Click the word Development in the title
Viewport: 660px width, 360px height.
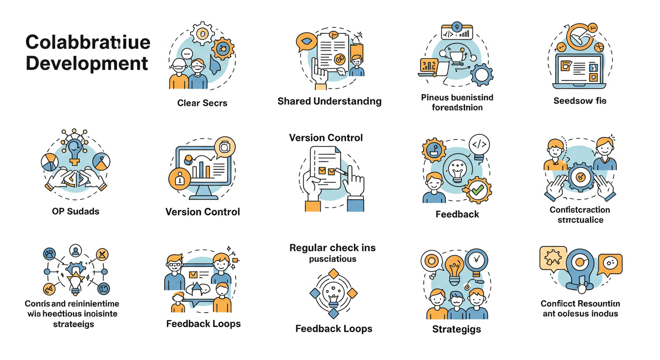point(87,63)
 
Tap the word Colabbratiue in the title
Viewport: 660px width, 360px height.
point(88,42)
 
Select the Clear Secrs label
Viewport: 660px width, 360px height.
point(202,103)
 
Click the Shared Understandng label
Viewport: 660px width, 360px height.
point(330,101)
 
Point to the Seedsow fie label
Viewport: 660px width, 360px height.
point(580,101)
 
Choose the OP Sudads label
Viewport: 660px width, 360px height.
point(75,211)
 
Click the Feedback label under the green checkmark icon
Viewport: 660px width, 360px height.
point(457,214)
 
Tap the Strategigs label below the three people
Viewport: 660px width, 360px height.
point(457,329)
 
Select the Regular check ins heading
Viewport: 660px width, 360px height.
point(332,247)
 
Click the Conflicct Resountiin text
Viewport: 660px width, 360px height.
point(580,303)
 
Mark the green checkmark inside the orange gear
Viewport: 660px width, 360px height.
point(478,190)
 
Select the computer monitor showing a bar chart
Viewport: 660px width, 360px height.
point(202,167)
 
